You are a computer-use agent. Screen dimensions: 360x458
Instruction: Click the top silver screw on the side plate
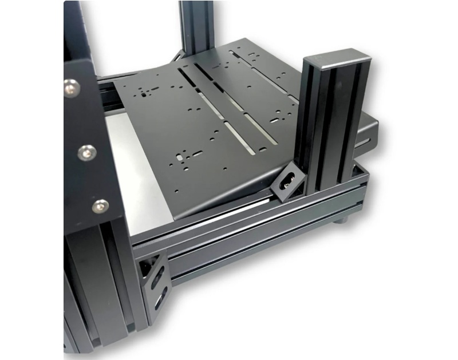pyautogui.click(x=71, y=88)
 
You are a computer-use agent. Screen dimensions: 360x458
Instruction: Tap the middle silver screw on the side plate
pyautogui.click(x=86, y=153)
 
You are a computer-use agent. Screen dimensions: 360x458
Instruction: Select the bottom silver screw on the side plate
pyautogui.click(x=100, y=205)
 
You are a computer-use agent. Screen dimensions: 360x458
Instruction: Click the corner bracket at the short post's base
pyautogui.click(x=286, y=183)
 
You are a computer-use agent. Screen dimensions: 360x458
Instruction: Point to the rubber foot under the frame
pyautogui.click(x=341, y=218)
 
